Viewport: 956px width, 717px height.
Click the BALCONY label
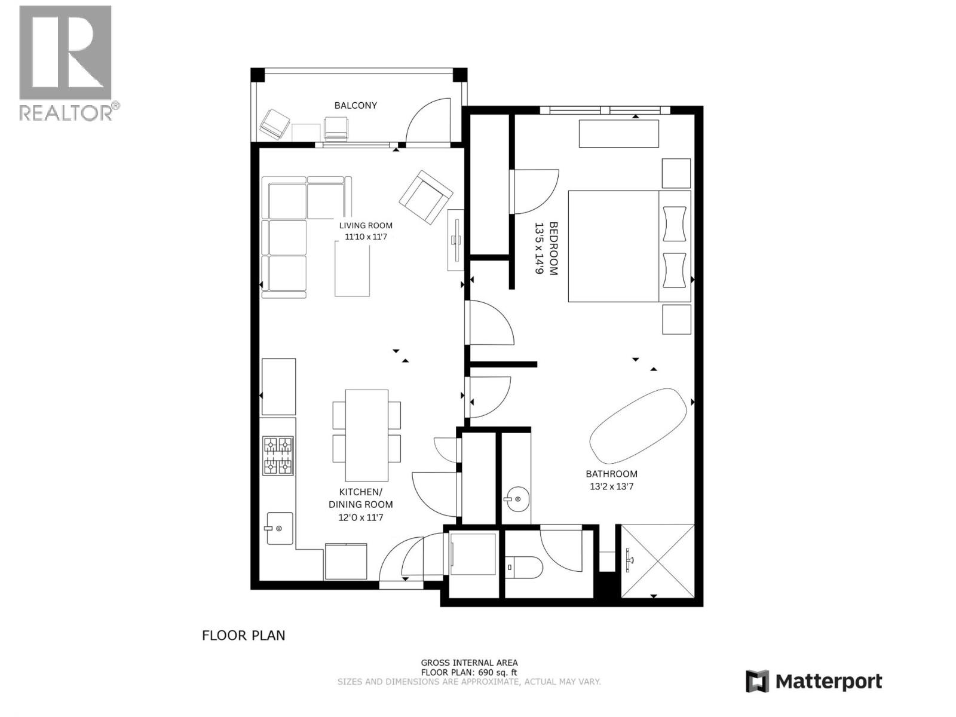click(356, 105)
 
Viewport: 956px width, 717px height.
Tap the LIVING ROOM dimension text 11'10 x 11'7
click(366, 237)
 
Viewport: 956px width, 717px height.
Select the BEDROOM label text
click(553, 248)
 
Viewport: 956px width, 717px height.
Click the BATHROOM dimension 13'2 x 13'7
click(611, 486)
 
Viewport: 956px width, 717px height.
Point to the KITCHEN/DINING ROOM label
click(361, 498)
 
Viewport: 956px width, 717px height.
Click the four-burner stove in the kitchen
click(278, 456)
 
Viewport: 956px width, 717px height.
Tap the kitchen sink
click(279, 528)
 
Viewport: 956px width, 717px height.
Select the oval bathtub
click(638, 425)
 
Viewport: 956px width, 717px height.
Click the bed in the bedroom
click(627, 246)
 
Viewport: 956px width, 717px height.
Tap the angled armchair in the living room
click(425, 197)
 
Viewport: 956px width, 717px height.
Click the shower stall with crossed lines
click(658, 560)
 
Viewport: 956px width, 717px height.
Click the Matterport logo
click(814, 681)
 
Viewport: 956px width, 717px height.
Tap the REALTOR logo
click(66, 62)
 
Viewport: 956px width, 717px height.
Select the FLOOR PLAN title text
click(244, 635)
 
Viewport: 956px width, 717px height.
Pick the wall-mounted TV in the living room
click(456, 240)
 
